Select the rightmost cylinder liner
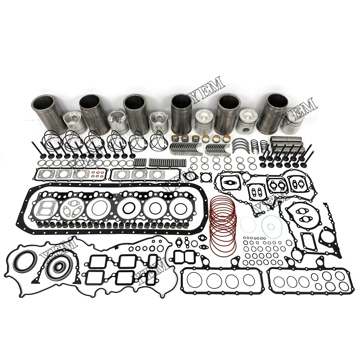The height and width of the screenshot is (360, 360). (277, 112)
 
